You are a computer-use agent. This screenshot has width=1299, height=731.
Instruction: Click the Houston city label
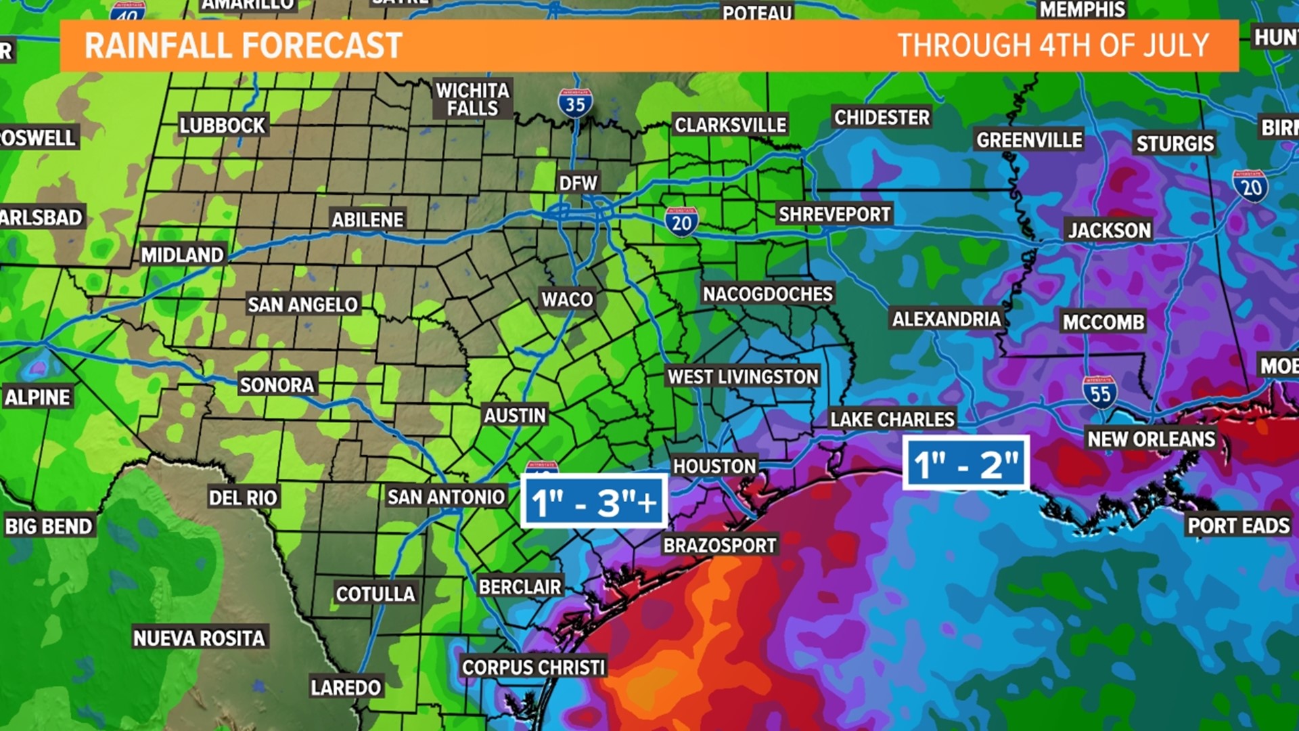[x=714, y=466]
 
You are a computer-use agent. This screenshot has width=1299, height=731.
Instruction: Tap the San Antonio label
[x=446, y=497]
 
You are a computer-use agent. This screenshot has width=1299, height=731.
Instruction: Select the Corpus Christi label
[x=533, y=667]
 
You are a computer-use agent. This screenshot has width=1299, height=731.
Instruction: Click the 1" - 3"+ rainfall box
[x=594, y=502]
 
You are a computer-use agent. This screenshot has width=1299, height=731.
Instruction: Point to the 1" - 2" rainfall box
[x=966, y=464]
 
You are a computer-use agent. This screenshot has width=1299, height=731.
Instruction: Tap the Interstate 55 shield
[x=1099, y=392]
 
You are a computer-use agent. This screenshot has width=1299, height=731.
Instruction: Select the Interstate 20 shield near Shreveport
[x=681, y=222]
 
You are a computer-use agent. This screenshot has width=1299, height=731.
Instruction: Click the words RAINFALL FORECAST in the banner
[x=244, y=46]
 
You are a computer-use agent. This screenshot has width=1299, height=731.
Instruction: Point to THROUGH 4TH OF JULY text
[x=1053, y=46]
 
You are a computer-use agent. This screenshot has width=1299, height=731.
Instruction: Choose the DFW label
[x=578, y=183]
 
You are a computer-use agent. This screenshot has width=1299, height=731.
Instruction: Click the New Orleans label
[x=1151, y=439]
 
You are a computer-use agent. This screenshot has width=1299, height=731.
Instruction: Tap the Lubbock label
[x=223, y=126]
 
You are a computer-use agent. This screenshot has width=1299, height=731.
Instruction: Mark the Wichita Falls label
[x=472, y=99]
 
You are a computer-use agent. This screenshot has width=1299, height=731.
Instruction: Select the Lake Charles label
[x=892, y=420]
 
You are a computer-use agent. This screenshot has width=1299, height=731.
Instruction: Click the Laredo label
[x=346, y=688]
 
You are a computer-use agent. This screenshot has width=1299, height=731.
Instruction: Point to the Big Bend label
[x=48, y=527]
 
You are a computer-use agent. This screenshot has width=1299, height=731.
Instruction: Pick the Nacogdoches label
[x=768, y=294]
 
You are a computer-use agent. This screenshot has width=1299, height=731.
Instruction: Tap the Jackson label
[x=1109, y=231]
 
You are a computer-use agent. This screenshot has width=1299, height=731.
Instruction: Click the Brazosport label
[x=720, y=546]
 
